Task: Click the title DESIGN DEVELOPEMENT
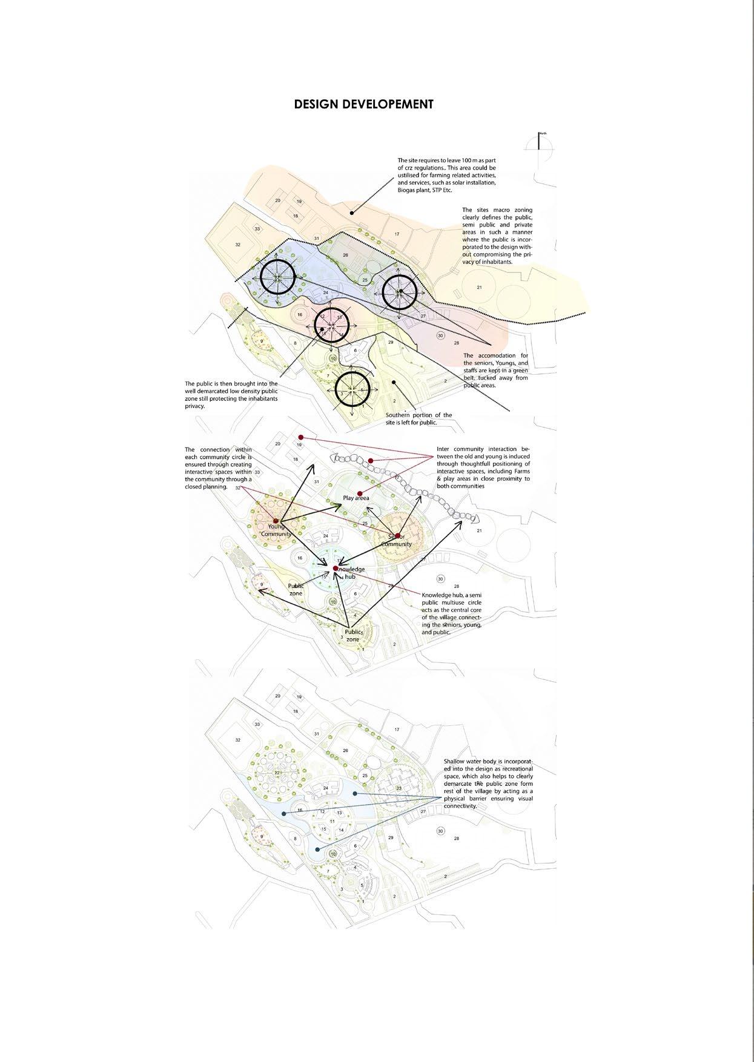click(x=363, y=104)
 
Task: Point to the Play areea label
click(x=356, y=498)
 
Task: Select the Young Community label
click(x=276, y=530)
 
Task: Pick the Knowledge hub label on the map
click(x=350, y=573)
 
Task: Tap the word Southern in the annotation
click(x=400, y=415)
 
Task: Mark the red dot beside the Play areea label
click(x=360, y=493)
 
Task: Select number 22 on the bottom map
click(x=277, y=773)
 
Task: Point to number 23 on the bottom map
click(x=398, y=788)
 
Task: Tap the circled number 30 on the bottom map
click(x=441, y=831)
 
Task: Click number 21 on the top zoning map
click(x=480, y=287)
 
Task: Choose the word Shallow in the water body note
click(x=454, y=761)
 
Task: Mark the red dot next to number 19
click(x=301, y=437)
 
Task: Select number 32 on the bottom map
click(x=238, y=740)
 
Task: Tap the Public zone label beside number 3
click(x=353, y=636)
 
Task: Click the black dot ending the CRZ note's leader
click(x=351, y=213)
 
